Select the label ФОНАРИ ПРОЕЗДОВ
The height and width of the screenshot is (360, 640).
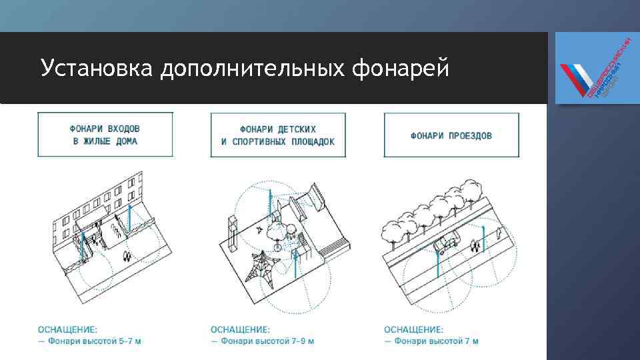pos(451,136)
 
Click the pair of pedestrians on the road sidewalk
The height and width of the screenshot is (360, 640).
pos(475,247)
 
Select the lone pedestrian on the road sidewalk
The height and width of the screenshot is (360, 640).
pos(499,233)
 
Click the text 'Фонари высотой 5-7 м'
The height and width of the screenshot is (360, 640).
pos(94,341)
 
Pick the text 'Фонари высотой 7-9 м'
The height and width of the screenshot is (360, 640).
pos(267,341)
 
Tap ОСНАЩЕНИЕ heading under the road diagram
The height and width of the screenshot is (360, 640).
pos(413,329)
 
